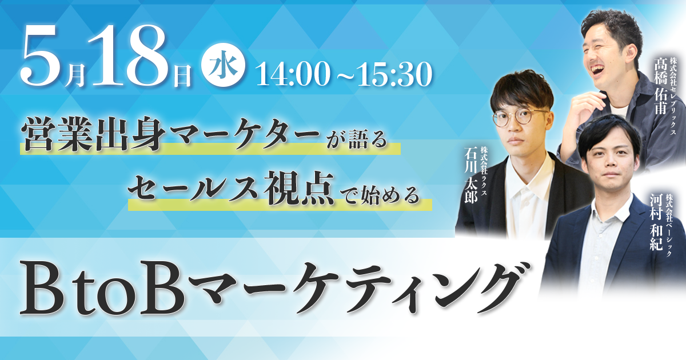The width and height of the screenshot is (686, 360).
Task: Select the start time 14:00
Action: coord(293,74)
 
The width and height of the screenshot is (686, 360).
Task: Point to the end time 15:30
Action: coord(395,74)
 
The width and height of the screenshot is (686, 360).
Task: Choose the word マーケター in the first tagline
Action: coord(245,135)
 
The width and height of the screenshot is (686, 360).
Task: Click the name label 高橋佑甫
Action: coord(661,85)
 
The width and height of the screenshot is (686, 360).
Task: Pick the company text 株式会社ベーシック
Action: coord(668,225)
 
